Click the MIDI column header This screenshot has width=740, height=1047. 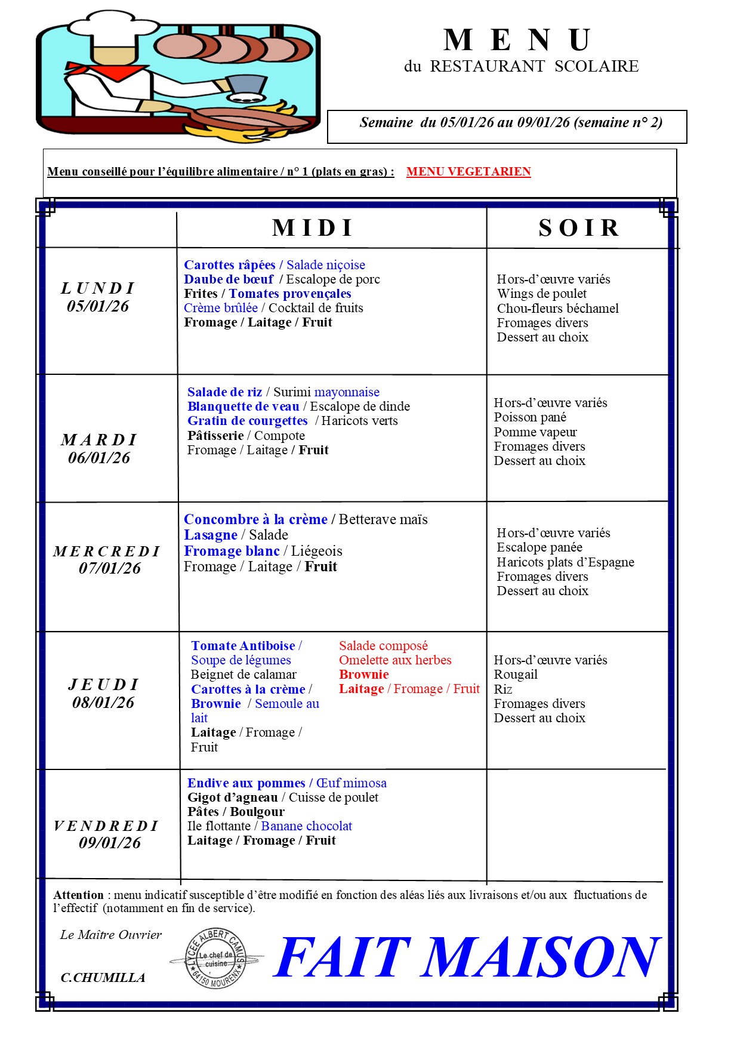coord(313,228)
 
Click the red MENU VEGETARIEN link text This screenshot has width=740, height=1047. coord(468,172)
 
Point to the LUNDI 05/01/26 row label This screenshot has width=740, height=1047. coord(98,297)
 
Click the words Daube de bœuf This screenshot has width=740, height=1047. coord(229,279)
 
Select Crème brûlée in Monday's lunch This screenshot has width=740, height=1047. coord(221,308)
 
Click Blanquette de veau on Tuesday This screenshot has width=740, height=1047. coord(243,407)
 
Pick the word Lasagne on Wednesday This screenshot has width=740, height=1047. coord(211,535)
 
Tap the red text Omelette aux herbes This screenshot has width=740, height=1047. coord(395,660)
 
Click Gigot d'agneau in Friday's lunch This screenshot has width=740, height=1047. coord(233,797)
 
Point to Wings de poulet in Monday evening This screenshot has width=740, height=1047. coord(542,294)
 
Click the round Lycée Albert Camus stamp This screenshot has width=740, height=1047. coord(215,959)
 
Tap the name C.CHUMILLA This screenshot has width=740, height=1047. coord(103,978)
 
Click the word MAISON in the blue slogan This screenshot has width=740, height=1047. coord(540,957)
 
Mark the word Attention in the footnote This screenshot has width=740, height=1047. coord(79,895)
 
